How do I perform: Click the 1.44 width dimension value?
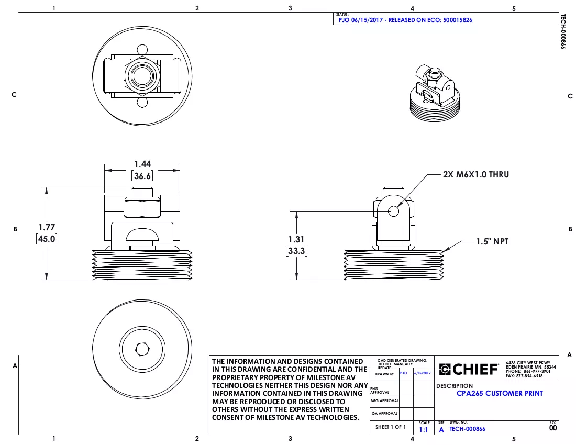pyautogui.click(x=142, y=164)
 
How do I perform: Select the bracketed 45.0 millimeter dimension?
pyautogui.click(x=47, y=239)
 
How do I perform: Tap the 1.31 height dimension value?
pyautogui.click(x=296, y=239)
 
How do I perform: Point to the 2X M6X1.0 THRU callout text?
pyautogui.click(x=475, y=174)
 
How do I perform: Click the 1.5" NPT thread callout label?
pyautogui.click(x=492, y=241)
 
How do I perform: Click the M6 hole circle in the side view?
pyautogui.click(x=394, y=211)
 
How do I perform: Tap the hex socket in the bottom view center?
pyautogui.click(x=142, y=349)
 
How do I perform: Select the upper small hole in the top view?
pyautogui.click(x=142, y=50)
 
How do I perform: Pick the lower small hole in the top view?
pyautogui.click(x=142, y=102)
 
